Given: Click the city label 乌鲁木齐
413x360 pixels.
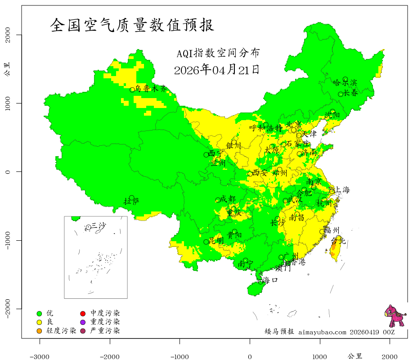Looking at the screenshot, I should coord(151,89).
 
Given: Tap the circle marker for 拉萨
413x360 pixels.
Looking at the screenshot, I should coord(131,198).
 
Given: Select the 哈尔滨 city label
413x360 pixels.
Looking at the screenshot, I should coord(345,83).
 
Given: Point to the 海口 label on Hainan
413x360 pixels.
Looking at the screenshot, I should coord(270,280).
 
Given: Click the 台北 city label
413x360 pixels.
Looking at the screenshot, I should coord(338,241).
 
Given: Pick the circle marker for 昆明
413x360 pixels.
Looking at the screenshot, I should coord(206,242).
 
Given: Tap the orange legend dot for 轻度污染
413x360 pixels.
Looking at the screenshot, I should coord(39,331).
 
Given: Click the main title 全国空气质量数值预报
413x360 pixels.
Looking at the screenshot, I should coord(132,25).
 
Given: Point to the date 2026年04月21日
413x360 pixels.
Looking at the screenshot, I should coord(216,70).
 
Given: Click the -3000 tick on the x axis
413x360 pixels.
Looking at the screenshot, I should coord(40,356).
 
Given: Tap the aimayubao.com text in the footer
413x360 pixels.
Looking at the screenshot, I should coord(323,332).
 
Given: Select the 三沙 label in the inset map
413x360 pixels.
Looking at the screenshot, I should coord(99,226).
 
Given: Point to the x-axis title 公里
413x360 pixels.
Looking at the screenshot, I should coord(355,356).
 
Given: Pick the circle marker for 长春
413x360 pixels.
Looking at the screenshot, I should coord(341,94).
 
